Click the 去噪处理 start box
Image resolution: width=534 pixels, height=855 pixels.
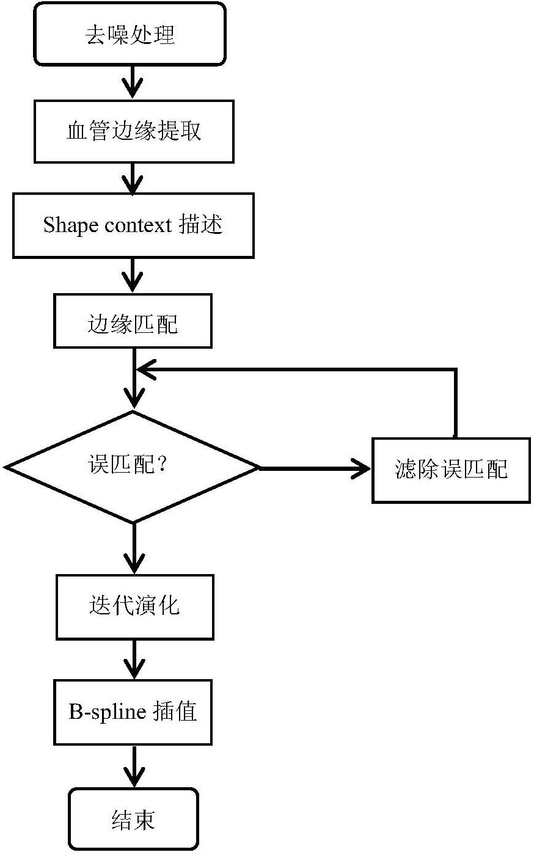coord(130,34)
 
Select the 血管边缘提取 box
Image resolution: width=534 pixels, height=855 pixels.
coord(134,132)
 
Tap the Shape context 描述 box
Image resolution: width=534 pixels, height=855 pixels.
coord(133,225)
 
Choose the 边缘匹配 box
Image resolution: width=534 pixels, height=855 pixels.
coord(133,321)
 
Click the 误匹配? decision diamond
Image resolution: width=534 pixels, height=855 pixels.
coord(132,467)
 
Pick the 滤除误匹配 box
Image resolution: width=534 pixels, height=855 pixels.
coord(452,470)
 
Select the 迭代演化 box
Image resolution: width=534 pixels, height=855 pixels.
coord(135,607)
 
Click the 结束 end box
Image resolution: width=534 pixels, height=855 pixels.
coord(134,819)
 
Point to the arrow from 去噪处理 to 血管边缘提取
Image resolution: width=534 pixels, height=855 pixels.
coord(133,82)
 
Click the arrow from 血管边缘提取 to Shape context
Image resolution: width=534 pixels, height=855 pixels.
coord(133,178)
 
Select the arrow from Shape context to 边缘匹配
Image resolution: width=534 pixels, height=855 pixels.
coord(133,275)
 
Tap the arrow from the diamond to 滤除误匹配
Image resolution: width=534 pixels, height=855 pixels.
coord(315,468)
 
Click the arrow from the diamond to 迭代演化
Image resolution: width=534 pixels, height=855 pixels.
coord(134,548)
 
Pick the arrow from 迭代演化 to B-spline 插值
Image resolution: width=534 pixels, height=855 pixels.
coord(134,659)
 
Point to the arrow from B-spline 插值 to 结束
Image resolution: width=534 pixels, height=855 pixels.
coord(134,766)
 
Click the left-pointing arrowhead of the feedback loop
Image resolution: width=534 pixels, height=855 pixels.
coord(146,369)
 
